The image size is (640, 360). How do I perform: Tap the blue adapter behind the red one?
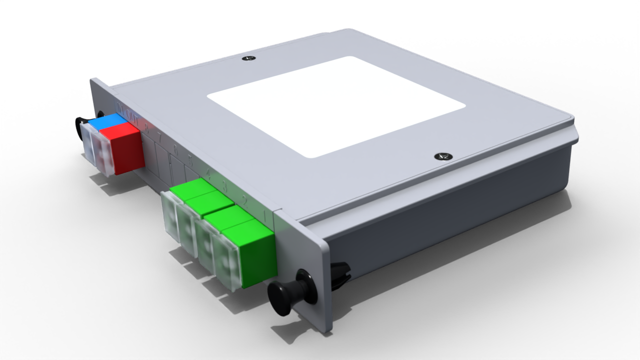pos(106,120)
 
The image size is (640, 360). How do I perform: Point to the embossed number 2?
pos(245,201)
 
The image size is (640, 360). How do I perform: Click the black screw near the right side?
pos(441,156)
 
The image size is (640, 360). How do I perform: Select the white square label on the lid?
pos(336,106)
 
